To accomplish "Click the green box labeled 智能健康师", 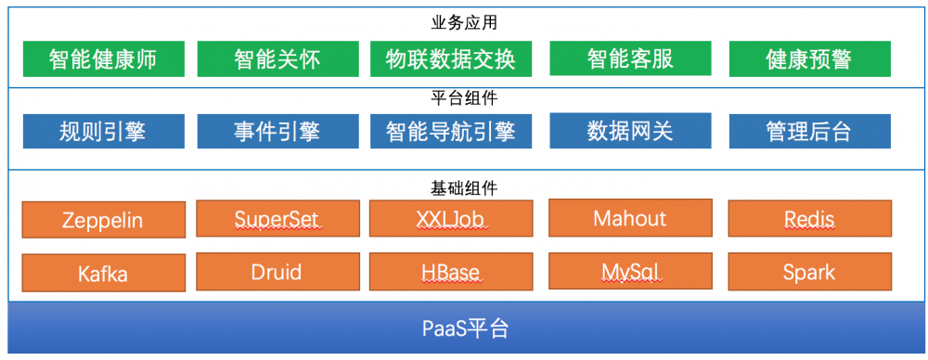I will [x=103, y=59].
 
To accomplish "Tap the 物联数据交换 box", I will [x=450, y=59].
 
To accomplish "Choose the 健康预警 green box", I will [x=809, y=59].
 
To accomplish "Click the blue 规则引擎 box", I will [x=103, y=131].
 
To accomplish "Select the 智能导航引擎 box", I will [x=450, y=131].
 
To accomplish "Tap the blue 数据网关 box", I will [x=630, y=130].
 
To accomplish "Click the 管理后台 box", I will [x=809, y=131].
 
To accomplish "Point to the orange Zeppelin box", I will [x=103, y=221].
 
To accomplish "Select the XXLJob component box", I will [x=450, y=219].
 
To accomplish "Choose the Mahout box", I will [x=630, y=218].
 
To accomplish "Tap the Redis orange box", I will [x=809, y=219].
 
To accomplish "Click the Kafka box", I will [x=103, y=274].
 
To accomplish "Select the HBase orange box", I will [x=450, y=272].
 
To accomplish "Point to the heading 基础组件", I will [x=465, y=188].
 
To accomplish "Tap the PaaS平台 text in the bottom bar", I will [x=465, y=328].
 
